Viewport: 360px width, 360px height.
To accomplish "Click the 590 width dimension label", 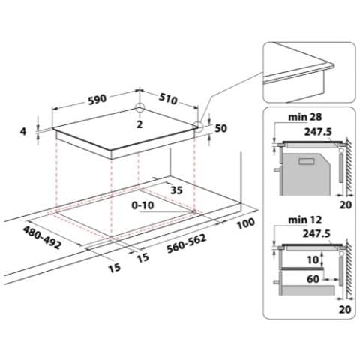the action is (x=97, y=99).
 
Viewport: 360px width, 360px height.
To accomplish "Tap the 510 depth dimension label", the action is (x=168, y=99).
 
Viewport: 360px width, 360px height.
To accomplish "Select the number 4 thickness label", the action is (x=23, y=131).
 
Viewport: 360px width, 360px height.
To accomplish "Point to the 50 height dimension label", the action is (x=221, y=128).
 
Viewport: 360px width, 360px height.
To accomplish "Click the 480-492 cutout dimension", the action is (x=42, y=238).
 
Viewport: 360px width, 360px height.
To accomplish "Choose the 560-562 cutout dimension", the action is (x=187, y=243).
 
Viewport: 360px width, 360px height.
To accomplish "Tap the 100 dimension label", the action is (x=246, y=223).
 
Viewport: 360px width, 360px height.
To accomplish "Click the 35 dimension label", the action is (x=176, y=190).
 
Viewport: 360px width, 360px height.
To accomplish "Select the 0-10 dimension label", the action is (x=142, y=205).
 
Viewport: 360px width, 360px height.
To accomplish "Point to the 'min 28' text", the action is (x=305, y=117).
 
